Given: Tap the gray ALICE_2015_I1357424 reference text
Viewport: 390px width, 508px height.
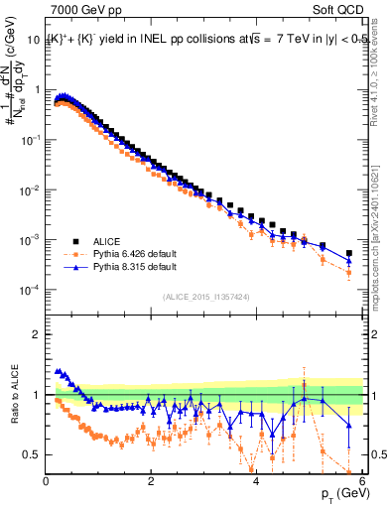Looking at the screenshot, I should pos(204,297).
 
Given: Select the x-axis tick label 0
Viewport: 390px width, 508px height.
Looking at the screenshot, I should pos(47,482).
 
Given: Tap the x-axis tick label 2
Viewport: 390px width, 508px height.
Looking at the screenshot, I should pos(151,482).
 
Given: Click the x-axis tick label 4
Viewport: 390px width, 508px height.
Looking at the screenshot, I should pos(256,482).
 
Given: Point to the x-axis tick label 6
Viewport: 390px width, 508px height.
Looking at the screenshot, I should pos(360,482).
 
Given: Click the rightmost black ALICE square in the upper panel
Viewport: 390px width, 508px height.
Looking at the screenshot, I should pos(348,253).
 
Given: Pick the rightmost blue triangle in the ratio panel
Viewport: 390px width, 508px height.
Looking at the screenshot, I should pos(348,425).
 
